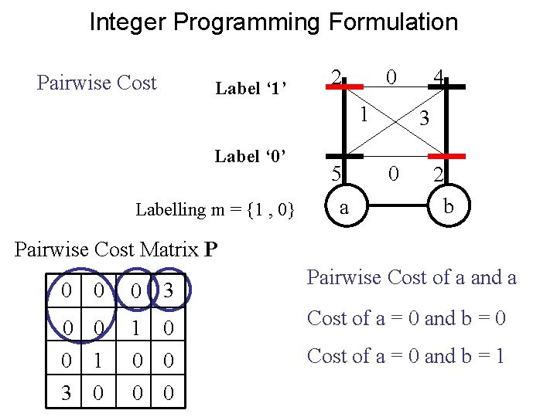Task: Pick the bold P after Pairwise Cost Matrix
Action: coord(211,249)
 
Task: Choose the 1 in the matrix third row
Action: coord(98,361)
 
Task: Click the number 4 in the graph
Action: coord(438,77)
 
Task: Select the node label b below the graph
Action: coord(448,207)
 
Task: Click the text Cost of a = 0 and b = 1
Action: coord(405,356)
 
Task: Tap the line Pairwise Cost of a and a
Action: coord(412,277)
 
